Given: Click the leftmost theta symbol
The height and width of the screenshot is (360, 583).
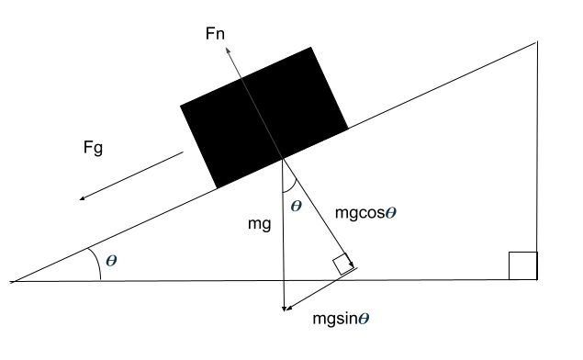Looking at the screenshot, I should pos(111,260).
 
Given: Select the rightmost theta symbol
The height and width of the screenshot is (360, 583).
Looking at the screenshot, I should pos(390,212).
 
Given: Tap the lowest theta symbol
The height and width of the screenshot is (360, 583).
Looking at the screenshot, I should pos(364,319).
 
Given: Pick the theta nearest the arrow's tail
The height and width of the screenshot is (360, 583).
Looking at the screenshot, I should pos(296,206).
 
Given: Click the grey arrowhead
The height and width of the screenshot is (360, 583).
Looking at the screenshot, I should pos(228,51).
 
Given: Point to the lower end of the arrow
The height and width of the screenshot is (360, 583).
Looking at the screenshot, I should pos(282,159).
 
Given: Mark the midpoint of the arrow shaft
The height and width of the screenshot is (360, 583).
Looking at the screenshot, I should pos(254,103).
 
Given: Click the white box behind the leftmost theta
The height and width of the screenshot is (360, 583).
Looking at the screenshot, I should pos(111,260).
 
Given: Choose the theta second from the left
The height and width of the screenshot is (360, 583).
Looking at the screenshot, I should pos(296,206).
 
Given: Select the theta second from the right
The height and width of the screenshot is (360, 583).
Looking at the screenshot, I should pos(364,319).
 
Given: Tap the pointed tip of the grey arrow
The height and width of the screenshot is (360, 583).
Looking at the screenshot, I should pos(226,47).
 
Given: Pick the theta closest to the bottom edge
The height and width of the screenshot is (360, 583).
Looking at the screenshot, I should pos(364,319).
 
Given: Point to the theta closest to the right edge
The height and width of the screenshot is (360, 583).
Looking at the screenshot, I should pos(390,212).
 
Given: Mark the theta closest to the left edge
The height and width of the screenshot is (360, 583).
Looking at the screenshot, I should pos(111,260).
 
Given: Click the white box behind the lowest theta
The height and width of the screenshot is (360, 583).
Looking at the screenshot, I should pos(364,319).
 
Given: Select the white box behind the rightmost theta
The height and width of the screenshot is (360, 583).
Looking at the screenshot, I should pos(390,212).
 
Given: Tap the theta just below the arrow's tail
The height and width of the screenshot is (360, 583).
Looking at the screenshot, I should pos(296,206).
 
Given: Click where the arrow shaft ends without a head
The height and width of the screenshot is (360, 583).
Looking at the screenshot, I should pos(282,159).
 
